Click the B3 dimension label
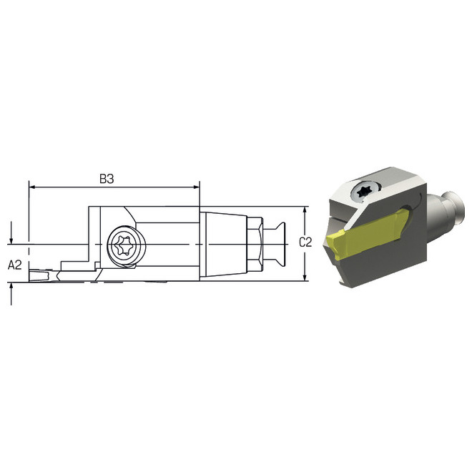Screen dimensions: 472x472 click(107, 179)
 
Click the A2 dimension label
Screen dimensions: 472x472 click(15, 265)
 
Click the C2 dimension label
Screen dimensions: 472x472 click(305, 242)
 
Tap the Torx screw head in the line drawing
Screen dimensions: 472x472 click(126, 245)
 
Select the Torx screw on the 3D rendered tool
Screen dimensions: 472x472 click(365, 191)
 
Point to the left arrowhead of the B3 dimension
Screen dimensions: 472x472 click(32, 187)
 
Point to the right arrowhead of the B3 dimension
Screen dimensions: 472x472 click(196, 187)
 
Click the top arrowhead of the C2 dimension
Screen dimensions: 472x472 click(305, 210)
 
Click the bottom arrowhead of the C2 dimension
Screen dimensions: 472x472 click(305, 277)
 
